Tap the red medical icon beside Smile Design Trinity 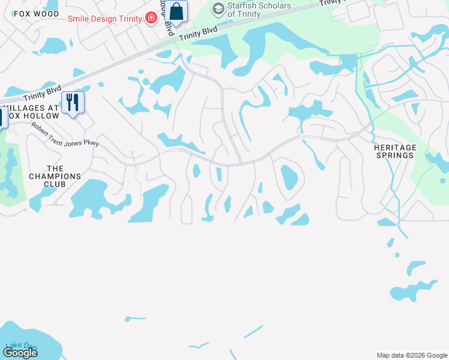[151, 18]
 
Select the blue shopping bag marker [176, 11]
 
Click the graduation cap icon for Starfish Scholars [218, 9]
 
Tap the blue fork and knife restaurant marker [72, 102]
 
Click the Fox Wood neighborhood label [36, 14]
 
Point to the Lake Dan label [21, 346]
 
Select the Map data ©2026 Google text [411, 355]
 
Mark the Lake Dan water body [36, 345]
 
